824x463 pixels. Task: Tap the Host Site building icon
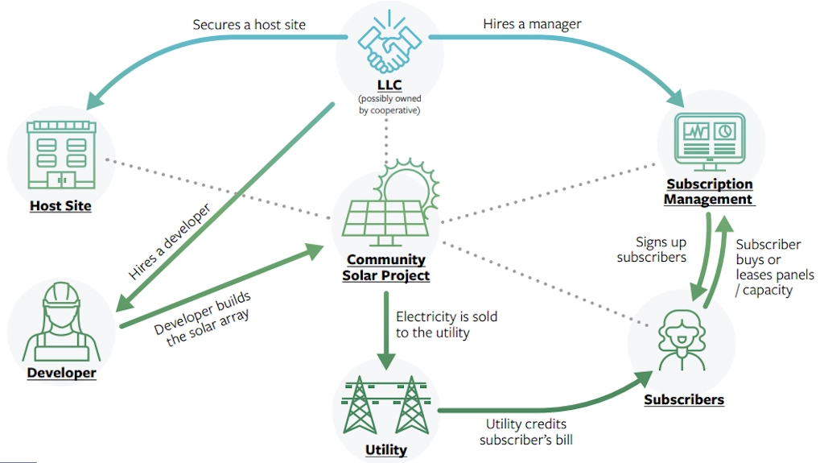coord(60,155)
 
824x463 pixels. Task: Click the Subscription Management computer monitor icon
coord(709,138)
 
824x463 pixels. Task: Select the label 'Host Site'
coord(60,206)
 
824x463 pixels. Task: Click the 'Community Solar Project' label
coord(387,268)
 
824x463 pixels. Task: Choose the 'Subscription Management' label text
coord(709,192)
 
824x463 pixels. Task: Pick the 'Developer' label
coord(61,373)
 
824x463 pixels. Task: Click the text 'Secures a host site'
coord(249,24)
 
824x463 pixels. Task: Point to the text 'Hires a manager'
coord(532,24)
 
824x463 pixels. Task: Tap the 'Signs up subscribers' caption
coord(651,250)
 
